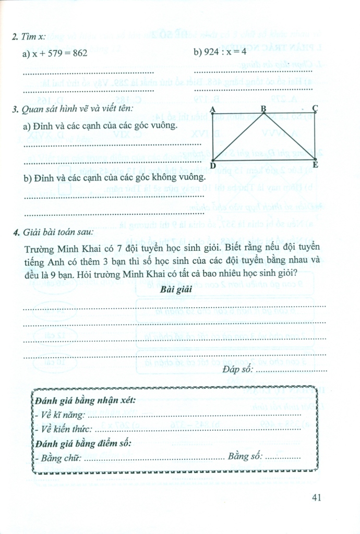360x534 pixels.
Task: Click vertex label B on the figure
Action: (x=263, y=108)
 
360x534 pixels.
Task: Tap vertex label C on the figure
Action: (x=315, y=108)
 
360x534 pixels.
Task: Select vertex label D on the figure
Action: (x=212, y=166)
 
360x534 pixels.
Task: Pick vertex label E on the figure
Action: (x=315, y=166)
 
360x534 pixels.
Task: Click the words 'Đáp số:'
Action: (x=237, y=370)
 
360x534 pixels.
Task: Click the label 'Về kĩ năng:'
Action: (x=62, y=415)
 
